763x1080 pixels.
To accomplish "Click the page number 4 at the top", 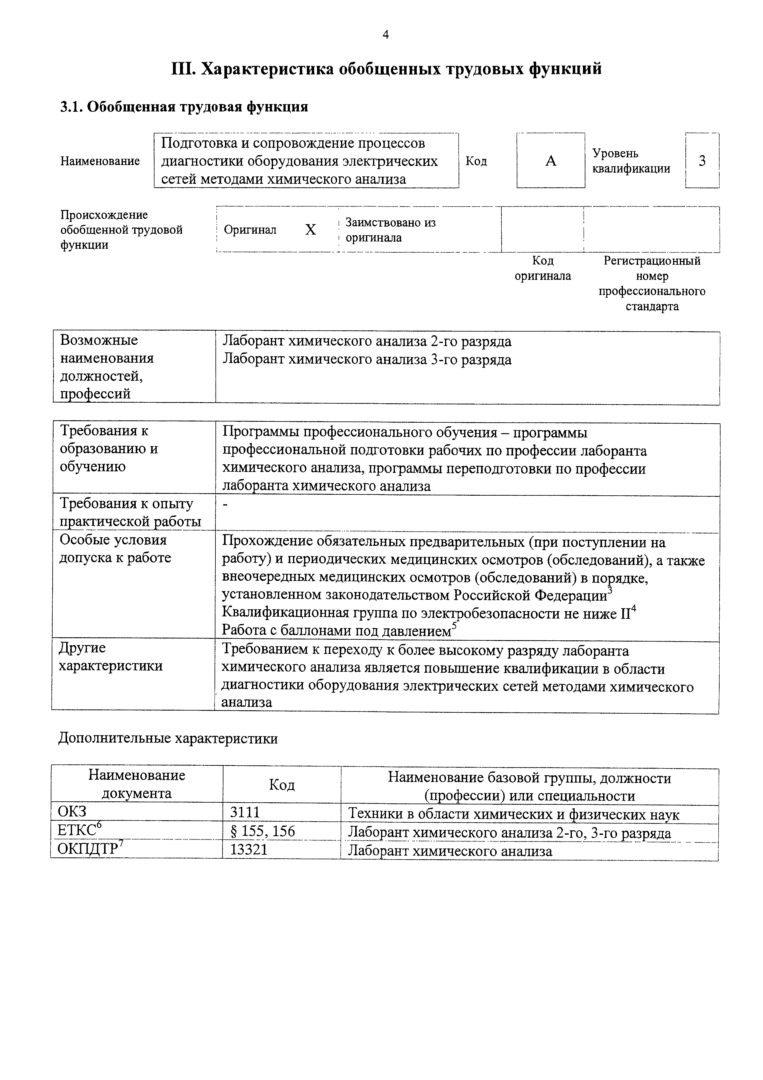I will click(x=385, y=34).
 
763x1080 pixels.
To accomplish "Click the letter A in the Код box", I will click(x=551, y=161).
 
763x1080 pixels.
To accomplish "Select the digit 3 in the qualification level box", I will click(x=702, y=161).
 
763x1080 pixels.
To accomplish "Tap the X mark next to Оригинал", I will click(x=310, y=230).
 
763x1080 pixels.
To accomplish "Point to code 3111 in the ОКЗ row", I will click(x=245, y=812).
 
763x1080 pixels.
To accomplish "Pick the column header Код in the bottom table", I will click(x=282, y=784).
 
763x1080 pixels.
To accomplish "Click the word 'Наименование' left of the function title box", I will click(x=100, y=161).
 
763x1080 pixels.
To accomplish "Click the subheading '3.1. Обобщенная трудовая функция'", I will click(x=184, y=107).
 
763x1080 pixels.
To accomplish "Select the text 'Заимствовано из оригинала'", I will click(x=390, y=230).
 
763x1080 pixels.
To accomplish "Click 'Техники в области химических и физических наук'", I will click(x=513, y=814).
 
